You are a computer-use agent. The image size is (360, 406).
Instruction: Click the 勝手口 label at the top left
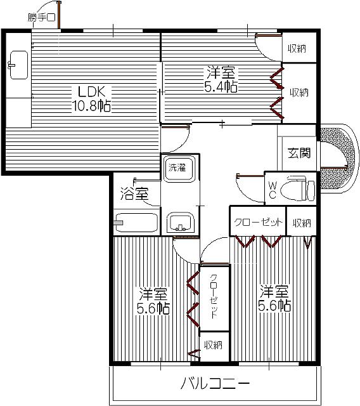point(41,18)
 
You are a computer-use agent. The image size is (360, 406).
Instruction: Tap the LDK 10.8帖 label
point(91,99)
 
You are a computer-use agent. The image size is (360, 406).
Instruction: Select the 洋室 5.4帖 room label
point(221,79)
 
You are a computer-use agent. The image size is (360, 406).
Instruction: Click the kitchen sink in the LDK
point(18,65)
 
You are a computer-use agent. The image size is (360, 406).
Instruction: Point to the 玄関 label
point(299,153)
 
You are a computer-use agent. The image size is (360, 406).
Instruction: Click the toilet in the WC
point(298,188)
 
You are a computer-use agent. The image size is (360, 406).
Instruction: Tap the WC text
point(273,190)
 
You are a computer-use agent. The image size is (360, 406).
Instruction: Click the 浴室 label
point(134,194)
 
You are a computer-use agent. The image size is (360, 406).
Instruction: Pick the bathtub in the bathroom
point(136,223)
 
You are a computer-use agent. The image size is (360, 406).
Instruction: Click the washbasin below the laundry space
point(180,223)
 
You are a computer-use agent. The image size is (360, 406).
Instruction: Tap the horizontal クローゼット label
point(258,223)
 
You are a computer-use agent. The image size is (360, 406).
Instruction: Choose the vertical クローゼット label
point(214,296)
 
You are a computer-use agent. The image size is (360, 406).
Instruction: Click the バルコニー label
point(215,383)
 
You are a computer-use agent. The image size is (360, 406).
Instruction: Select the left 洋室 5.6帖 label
point(153,301)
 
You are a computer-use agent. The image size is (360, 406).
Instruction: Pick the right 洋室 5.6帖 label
point(274,298)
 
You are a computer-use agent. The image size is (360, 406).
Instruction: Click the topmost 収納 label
point(297,48)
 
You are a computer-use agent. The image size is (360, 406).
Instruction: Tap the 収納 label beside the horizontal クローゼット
point(302,223)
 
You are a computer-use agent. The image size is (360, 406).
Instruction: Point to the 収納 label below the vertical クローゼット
point(213,344)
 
